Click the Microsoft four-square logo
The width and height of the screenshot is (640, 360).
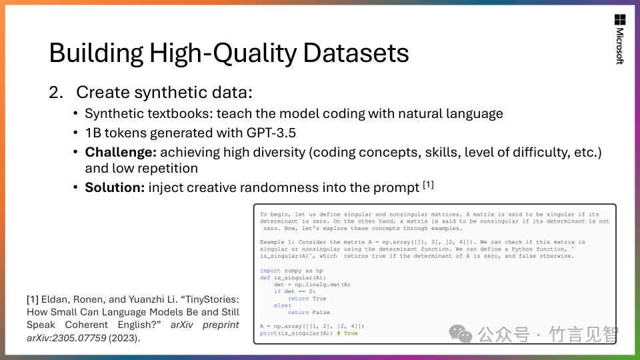(x=620, y=19)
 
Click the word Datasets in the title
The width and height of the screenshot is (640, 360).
(x=355, y=53)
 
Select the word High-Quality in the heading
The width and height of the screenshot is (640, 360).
(x=222, y=54)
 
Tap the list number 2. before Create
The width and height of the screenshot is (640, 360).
(x=56, y=92)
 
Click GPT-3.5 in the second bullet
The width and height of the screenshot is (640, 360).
(x=271, y=133)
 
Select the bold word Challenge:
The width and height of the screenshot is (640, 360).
(x=121, y=152)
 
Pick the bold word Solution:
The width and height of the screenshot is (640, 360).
(x=115, y=188)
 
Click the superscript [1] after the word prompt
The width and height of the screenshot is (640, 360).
(x=428, y=185)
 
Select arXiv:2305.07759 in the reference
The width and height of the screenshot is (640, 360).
(x=67, y=338)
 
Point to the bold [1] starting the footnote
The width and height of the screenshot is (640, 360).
(x=33, y=299)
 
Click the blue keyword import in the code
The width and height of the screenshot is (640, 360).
(x=270, y=271)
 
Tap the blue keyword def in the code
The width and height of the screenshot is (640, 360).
(x=265, y=277)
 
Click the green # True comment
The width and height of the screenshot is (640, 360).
(x=347, y=333)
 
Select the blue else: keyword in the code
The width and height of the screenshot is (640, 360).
(x=283, y=305)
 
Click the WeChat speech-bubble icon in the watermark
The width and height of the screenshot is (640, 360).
(x=461, y=334)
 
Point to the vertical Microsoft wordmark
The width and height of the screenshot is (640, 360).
(x=620, y=46)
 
